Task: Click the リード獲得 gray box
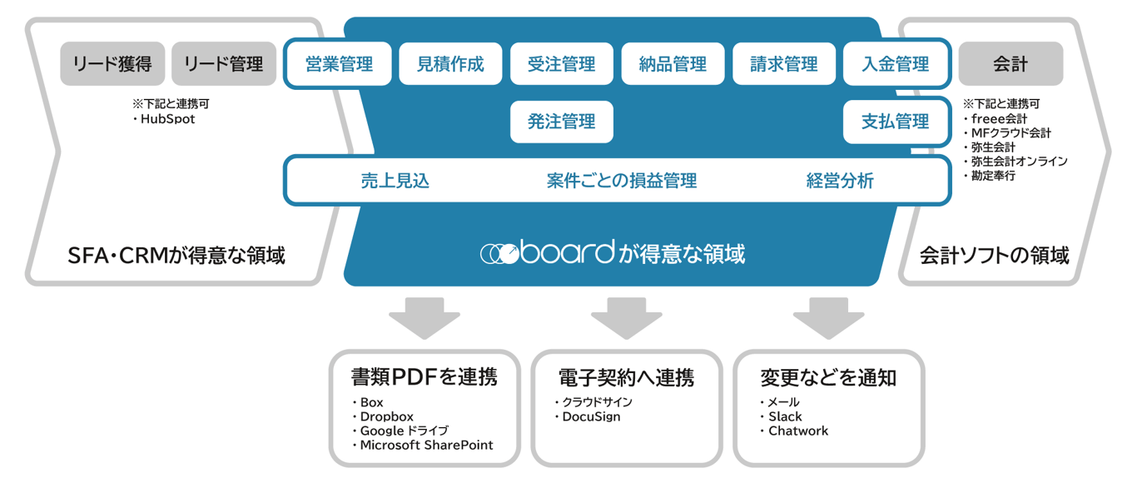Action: click(x=112, y=64)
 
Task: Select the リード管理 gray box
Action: click(x=223, y=64)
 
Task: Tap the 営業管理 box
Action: click(x=339, y=64)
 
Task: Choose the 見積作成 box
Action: click(x=450, y=64)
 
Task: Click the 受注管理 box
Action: click(x=562, y=64)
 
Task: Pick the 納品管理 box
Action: click(x=673, y=64)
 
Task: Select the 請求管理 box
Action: click(x=784, y=64)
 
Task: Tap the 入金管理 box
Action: click(x=896, y=64)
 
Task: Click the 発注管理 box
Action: click(x=562, y=122)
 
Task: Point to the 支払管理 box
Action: click(x=896, y=122)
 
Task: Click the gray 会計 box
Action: click(x=1010, y=64)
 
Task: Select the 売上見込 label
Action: click(x=395, y=181)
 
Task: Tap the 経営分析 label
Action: click(x=840, y=181)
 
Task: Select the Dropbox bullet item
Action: click(x=386, y=416)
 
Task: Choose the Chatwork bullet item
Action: click(x=798, y=431)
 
